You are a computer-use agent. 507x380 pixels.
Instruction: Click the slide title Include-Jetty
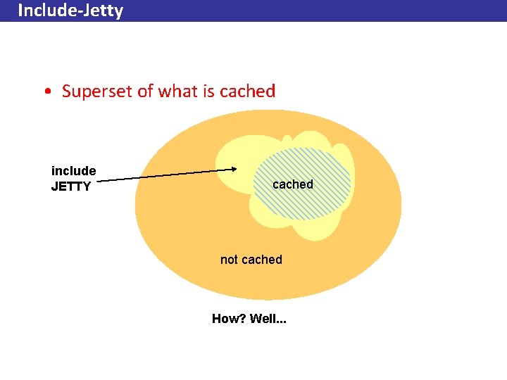tap(70, 11)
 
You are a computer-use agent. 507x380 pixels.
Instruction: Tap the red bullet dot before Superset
tap(46, 91)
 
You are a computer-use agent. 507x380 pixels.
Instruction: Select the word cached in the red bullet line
tap(247, 91)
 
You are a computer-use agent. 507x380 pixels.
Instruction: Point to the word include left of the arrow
tap(73, 171)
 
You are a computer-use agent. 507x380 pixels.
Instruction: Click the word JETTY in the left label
tap(71, 186)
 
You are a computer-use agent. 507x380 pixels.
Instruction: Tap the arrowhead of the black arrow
tap(234, 169)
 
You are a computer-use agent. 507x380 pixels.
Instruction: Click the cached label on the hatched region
tap(292, 184)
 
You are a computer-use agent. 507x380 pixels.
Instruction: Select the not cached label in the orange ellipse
tap(251, 260)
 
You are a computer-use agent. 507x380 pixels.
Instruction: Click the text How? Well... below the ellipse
tap(249, 319)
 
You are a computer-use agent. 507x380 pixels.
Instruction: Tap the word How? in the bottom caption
tap(228, 319)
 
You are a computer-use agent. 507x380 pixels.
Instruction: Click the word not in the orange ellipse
tap(229, 260)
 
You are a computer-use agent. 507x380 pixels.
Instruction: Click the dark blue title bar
tap(317, 11)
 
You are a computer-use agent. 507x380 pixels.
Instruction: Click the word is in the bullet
tap(208, 91)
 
